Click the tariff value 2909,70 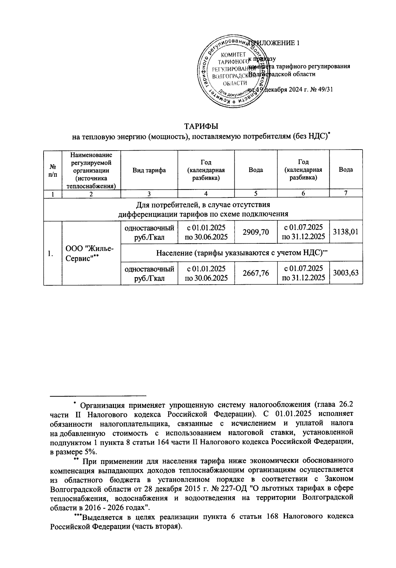pos(255,232)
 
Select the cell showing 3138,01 pos(346,232)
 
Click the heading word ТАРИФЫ pos(201,126)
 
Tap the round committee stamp pos(233,71)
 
